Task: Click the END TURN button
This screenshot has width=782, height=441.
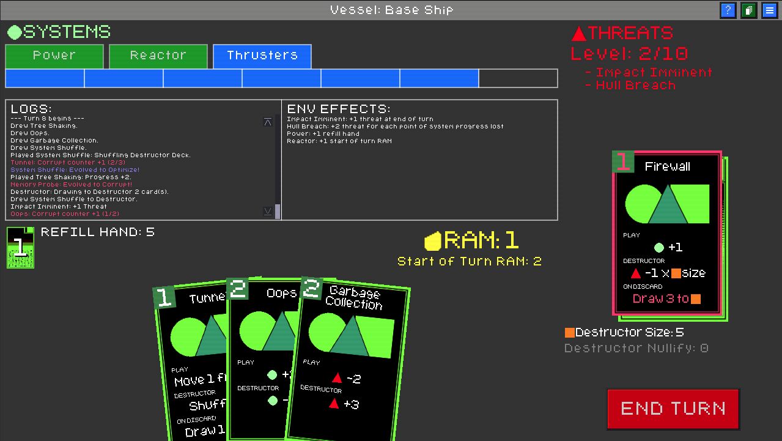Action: click(673, 409)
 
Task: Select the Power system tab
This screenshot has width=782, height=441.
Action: click(54, 56)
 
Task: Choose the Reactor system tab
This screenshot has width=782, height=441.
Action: click(158, 56)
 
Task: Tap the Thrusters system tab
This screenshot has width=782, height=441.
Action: click(262, 56)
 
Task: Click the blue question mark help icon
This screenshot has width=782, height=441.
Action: click(728, 10)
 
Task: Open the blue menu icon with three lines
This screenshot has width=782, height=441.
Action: click(769, 10)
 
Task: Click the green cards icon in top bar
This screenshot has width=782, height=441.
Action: click(748, 10)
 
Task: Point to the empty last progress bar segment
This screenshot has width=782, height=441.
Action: click(518, 78)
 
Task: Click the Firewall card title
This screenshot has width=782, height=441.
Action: click(668, 166)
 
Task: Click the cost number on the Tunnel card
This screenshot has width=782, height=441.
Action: click(164, 297)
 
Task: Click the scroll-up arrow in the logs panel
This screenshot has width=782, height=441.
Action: click(268, 122)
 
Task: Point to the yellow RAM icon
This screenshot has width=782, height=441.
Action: click(433, 242)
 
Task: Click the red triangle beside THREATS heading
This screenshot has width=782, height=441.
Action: click(578, 33)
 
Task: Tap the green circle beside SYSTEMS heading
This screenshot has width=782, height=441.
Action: click(14, 32)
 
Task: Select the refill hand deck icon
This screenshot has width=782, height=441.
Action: click(20, 247)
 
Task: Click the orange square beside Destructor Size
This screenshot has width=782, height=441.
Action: click(569, 333)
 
